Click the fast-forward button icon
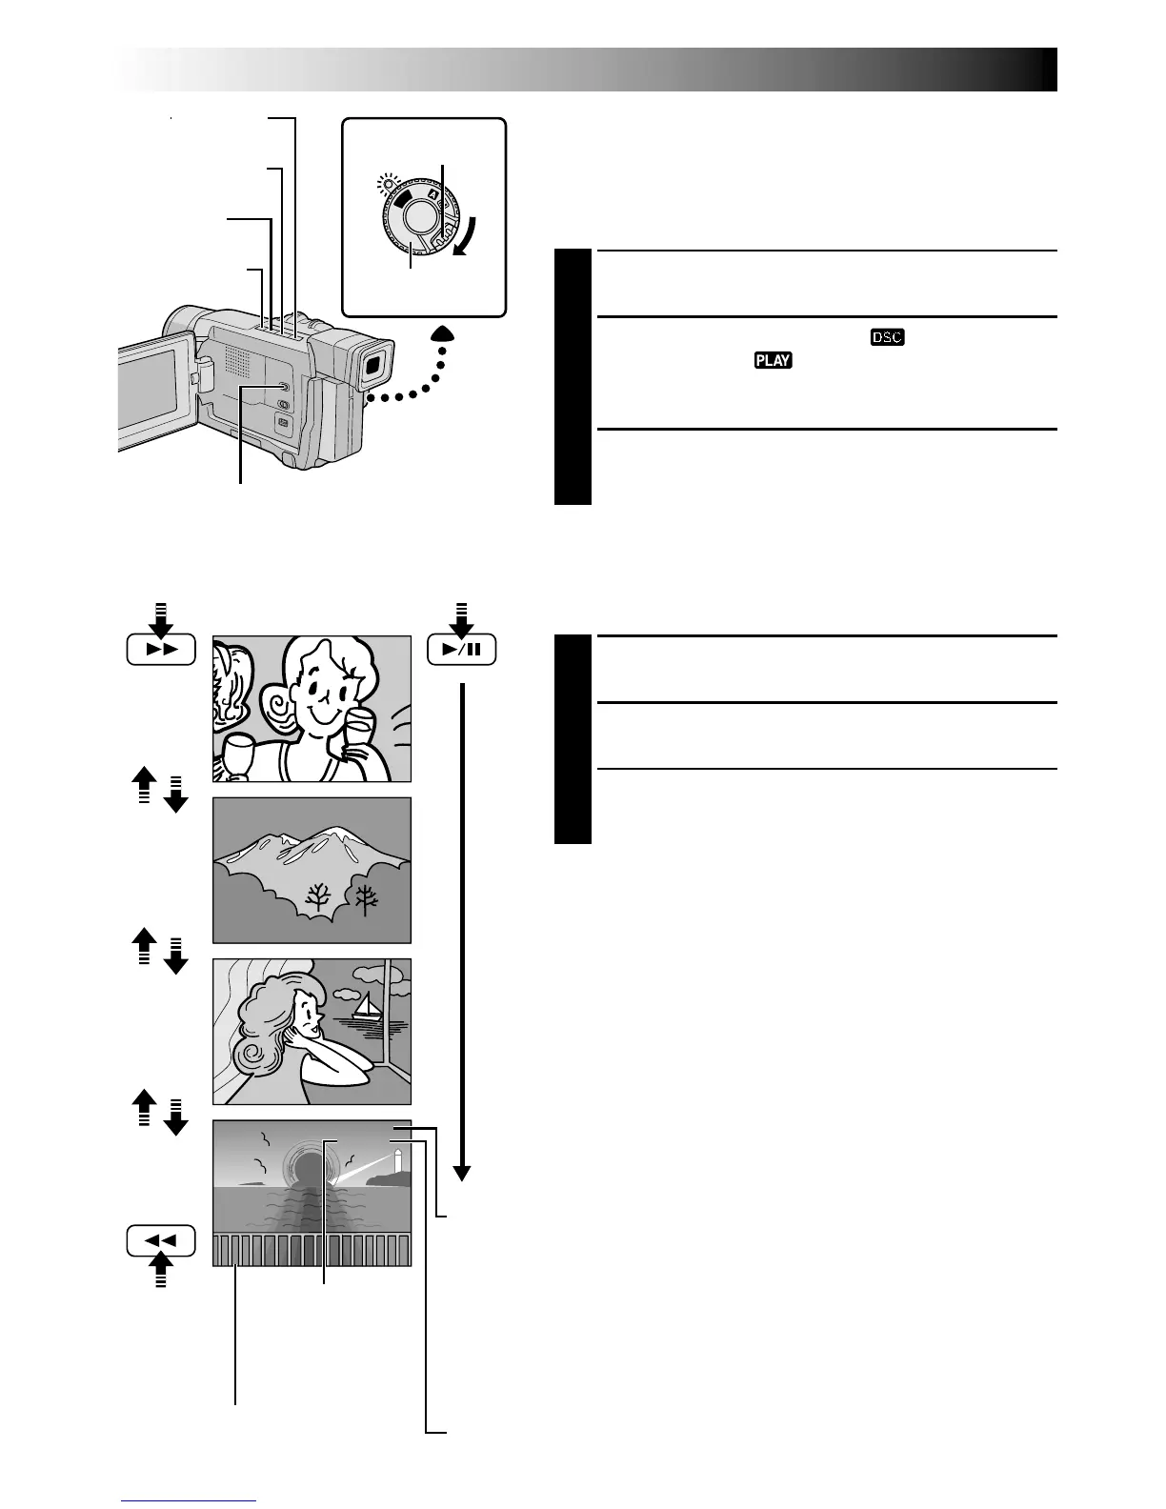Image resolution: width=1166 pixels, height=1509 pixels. coord(161,650)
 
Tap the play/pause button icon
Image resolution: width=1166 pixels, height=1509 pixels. coord(461,651)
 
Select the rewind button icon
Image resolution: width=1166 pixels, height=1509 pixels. coord(161,1240)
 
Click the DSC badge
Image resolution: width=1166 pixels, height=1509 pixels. coord(886,337)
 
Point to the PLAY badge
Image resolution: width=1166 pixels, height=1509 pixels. coord(774,360)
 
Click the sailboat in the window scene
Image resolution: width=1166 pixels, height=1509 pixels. coord(365,1006)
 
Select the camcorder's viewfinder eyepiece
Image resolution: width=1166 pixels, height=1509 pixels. coord(374,362)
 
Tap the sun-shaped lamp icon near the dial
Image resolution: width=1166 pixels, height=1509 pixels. coord(386,181)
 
